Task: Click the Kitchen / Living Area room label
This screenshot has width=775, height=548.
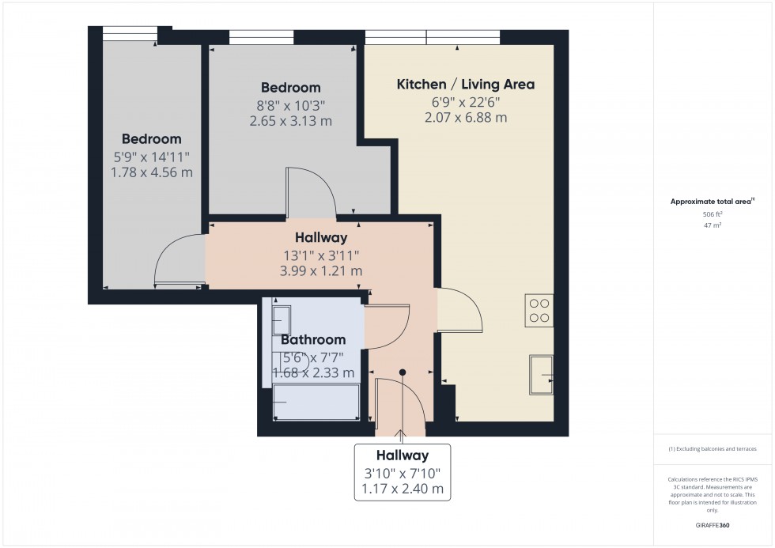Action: coord(465,85)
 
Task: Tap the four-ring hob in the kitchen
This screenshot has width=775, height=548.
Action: coord(539,309)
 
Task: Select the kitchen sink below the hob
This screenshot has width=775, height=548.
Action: coord(541,373)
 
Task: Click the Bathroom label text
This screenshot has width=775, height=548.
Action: coord(313,339)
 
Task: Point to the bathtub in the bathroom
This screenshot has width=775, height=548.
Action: coord(316,403)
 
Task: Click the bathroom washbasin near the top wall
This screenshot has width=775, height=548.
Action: coord(280,320)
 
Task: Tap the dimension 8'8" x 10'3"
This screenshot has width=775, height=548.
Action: coord(291,104)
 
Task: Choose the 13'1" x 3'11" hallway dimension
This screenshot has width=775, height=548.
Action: coord(321,255)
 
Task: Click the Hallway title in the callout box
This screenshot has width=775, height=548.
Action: coord(402,455)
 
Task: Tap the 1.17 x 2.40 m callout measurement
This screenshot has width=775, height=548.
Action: coord(402,489)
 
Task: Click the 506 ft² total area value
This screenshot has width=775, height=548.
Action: coord(713,214)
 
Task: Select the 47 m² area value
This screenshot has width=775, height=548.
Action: coord(713,225)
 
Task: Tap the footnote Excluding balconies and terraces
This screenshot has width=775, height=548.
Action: coord(713,448)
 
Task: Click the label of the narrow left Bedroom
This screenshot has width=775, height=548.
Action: coord(151,139)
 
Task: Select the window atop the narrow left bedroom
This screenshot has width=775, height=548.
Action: coord(130,32)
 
